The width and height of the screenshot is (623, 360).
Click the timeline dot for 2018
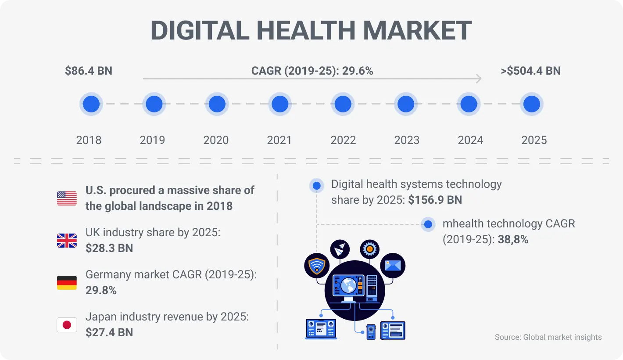91,104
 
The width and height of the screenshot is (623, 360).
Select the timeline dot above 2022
343,104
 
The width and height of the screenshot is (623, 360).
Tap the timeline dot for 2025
532,104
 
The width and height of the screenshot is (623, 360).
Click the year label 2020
216,140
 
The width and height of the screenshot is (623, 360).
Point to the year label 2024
470,140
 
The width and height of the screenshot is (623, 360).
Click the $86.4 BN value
89,71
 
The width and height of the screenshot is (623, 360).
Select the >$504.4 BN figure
530,71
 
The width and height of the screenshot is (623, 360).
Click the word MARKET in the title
417,31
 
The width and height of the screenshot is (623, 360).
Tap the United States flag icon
67,198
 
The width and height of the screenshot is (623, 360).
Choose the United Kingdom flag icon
67,241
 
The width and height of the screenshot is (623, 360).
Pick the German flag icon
67,283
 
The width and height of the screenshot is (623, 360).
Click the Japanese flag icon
67,325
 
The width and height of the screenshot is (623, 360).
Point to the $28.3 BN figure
109,248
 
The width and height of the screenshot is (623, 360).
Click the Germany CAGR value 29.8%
101,290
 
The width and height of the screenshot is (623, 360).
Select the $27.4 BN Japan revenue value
109,332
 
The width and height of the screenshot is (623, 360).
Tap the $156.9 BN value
435,200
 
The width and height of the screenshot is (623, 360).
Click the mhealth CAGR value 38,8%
513,240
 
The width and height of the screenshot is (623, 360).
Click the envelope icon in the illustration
393,265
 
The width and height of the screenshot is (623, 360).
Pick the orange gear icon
369,249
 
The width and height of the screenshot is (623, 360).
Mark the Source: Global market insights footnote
548,337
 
